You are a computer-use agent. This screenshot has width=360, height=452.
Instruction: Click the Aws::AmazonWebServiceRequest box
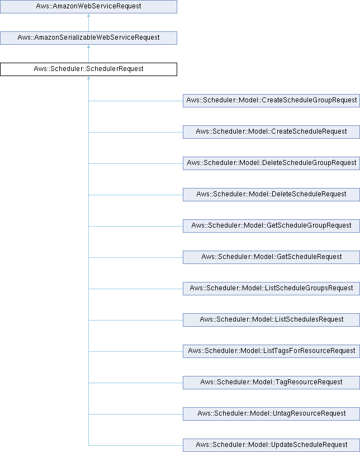tap(88, 6)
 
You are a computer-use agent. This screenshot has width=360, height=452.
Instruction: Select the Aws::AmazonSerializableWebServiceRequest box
tap(88, 38)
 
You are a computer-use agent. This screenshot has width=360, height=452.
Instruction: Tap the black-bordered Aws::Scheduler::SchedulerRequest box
tap(88, 69)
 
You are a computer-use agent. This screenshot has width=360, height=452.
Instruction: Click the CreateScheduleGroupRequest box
tap(271, 101)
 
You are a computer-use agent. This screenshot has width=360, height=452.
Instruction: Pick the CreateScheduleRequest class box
tap(271, 132)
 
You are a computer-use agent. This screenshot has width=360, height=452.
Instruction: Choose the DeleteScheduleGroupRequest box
tap(271, 163)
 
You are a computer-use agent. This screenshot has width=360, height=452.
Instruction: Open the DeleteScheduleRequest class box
tap(271, 195)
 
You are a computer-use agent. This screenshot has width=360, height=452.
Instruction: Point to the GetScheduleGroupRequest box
tap(271, 226)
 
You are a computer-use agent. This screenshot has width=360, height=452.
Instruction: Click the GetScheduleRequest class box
tap(271, 257)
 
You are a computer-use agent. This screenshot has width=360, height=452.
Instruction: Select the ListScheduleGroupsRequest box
tap(271, 289)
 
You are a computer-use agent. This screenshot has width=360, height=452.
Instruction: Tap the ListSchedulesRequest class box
tap(271, 320)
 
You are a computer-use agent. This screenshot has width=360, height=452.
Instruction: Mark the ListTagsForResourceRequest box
tap(271, 351)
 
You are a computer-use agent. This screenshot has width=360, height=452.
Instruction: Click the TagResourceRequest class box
tap(271, 383)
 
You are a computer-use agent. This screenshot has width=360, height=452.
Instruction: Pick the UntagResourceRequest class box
tap(271, 414)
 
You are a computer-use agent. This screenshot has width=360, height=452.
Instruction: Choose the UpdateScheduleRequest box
tap(271, 445)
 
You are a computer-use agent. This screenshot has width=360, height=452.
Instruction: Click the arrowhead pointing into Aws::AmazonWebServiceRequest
tap(88, 15)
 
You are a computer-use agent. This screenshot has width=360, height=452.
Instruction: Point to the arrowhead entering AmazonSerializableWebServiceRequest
tap(88, 46)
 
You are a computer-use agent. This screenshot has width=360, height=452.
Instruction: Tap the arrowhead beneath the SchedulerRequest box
tap(88, 78)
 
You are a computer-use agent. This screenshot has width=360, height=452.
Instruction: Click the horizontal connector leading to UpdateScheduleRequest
tap(136, 445)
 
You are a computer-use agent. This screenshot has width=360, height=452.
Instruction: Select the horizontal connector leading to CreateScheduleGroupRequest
tap(136, 101)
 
